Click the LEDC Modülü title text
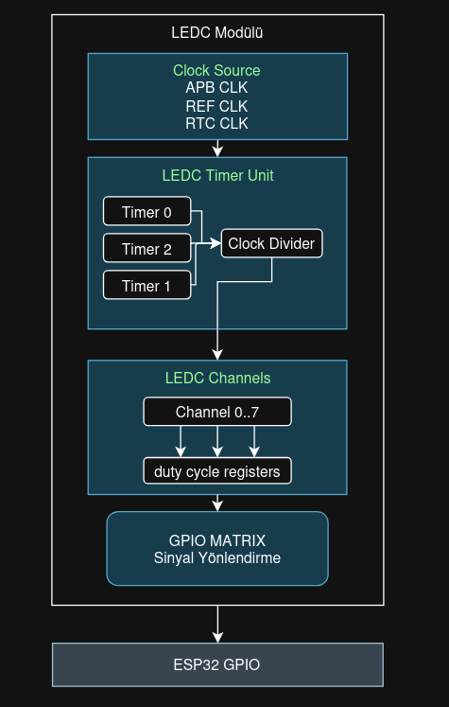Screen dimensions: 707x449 (217, 32)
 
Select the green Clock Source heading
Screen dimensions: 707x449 (216, 70)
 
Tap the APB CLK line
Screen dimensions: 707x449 (216, 88)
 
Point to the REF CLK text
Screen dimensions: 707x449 (216, 106)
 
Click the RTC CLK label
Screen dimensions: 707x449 (216, 123)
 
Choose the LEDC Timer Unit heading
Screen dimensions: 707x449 (217, 175)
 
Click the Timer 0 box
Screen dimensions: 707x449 (147, 212)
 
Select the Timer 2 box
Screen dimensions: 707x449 (147, 249)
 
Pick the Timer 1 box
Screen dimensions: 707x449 (147, 286)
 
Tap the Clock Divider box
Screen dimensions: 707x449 (272, 243)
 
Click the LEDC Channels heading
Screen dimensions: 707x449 (217, 378)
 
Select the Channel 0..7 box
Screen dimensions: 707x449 (217, 412)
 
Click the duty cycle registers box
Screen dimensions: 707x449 (217, 470)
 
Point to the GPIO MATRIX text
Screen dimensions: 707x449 (216, 540)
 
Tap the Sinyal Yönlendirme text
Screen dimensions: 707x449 (216, 557)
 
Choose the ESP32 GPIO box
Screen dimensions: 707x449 (217, 664)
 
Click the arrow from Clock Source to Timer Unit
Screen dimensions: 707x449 (217, 148)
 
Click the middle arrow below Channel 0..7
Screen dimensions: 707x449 (217, 441)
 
